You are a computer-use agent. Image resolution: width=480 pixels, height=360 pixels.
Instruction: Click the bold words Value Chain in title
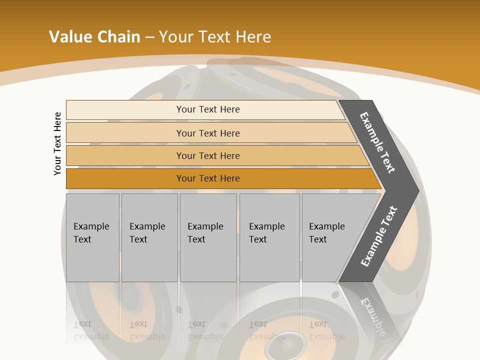(94, 36)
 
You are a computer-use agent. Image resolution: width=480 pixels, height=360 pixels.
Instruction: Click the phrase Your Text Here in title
(215, 36)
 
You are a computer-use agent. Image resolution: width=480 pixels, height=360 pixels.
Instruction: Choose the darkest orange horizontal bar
(125, 178)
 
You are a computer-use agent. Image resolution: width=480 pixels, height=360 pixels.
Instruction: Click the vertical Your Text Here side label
(57, 143)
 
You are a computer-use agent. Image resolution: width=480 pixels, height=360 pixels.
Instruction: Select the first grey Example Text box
(92, 237)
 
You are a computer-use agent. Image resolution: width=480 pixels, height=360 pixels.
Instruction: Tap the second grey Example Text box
(149, 237)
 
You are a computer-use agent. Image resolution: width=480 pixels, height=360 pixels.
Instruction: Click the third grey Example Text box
(208, 237)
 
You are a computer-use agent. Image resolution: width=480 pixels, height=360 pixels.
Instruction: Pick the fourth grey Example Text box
(269, 237)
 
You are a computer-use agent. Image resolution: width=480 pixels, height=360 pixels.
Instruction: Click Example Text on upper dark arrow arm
(377, 142)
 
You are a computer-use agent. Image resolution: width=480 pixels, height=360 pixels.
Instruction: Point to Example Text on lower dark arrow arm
(379, 236)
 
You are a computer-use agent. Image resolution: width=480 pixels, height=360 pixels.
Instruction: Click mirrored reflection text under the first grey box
(91, 330)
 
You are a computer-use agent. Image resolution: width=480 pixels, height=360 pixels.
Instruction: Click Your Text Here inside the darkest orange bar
(208, 178)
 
